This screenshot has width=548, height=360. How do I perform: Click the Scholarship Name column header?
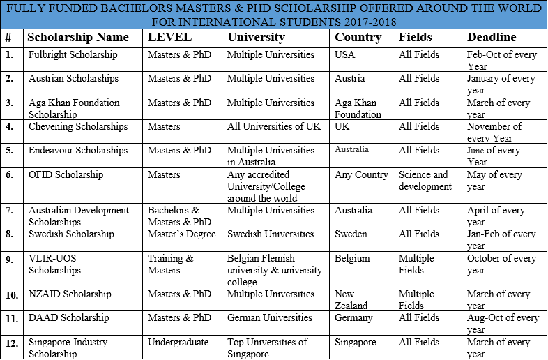click(x=78, y=37)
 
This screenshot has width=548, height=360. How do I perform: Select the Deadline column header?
click(x=492, y=37)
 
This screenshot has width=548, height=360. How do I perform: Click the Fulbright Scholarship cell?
click(x=73, y=54)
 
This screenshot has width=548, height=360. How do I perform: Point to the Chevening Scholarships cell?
click(x=77, y=126)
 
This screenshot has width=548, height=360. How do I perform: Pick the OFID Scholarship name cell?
click(x=66, y=174)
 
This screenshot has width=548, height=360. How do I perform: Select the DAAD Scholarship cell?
click(x=68, y=317)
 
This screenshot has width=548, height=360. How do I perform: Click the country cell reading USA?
click(x=344, y=54)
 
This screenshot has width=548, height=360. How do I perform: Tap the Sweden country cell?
click(x=351, y=234)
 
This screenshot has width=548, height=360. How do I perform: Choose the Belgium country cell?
click(x=352, y=258)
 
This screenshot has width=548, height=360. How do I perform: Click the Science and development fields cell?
click(x=425, y=181)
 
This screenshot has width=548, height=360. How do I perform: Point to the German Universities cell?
click(x=270, y=317)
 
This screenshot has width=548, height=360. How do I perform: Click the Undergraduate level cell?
click(x=178, y=342)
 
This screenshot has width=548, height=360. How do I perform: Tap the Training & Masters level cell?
click(x=170, y=264)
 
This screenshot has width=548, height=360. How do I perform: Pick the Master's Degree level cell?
click(x=181, y=234)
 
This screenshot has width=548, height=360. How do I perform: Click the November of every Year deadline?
click(x=494, y=133)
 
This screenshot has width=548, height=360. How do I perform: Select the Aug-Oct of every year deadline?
click(x=502, y=323)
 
